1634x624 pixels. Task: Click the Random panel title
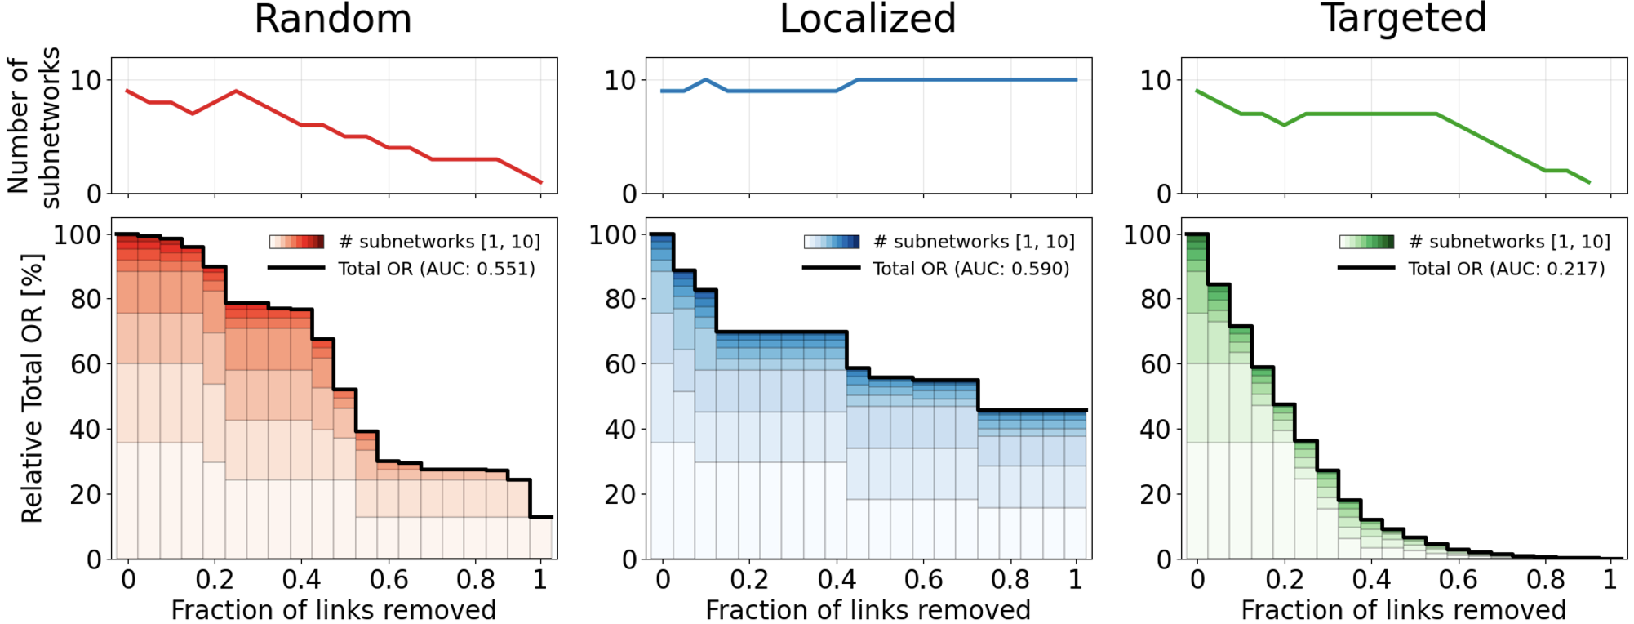click(x=333, y=20)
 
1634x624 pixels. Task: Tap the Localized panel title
click(x=868, y=20)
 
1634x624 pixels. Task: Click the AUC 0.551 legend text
click(x=437, y=269)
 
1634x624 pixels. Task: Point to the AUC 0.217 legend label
click(x=1506, y=269)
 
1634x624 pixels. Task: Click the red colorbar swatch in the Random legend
click(x=297, y=242)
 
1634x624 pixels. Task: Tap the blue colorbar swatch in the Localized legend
click(x=832, y=242)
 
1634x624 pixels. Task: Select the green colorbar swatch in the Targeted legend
click(x=1367, y=242)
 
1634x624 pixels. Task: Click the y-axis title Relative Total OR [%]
click(x=32, y=389)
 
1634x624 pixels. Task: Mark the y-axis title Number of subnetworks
click(x=33, y=127)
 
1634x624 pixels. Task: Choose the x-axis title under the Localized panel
click(x=868, y=610)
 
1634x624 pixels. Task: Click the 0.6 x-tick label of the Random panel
click(x=389, y=580)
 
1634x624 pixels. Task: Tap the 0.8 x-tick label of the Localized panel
click(x=1010, y=580)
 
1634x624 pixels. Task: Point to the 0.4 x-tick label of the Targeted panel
click(x=1371, y=580)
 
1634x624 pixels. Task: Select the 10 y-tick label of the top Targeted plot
click(x=1155, y=81)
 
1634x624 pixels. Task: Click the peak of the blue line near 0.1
click(x=705, y=80)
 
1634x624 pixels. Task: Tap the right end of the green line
click(x=1588, y=182)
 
